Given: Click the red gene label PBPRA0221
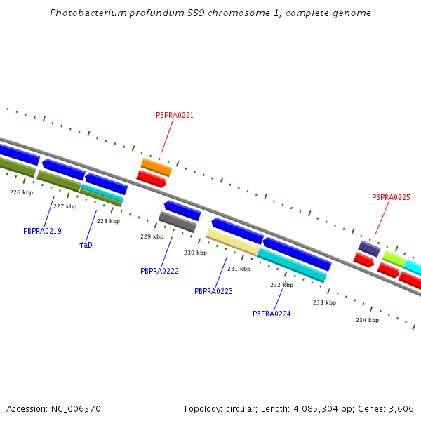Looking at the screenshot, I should [175, 115].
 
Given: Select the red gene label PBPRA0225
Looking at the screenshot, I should [391, 198].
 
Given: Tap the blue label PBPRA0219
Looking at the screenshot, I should [42, 231].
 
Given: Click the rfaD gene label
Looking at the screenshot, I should [85, 246].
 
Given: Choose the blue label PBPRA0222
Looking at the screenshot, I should [159, 271].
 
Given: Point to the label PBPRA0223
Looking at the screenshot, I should [213, 291].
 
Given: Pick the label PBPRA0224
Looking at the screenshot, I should [272, 314].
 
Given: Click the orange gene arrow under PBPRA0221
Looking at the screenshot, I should [156, 167].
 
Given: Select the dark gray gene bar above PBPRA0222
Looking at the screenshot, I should [177, 222].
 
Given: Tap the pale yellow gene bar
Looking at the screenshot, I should [232, 241].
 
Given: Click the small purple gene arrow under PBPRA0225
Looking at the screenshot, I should [369, 248].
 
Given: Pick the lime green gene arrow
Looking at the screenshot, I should [394, 259].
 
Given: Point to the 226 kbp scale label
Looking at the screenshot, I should [21, 192].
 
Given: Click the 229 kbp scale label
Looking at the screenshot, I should [152, 236].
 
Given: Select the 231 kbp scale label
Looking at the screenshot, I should [239, 269].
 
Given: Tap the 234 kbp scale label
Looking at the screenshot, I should [367, 320].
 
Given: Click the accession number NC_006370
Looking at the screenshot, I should [76, 408].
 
